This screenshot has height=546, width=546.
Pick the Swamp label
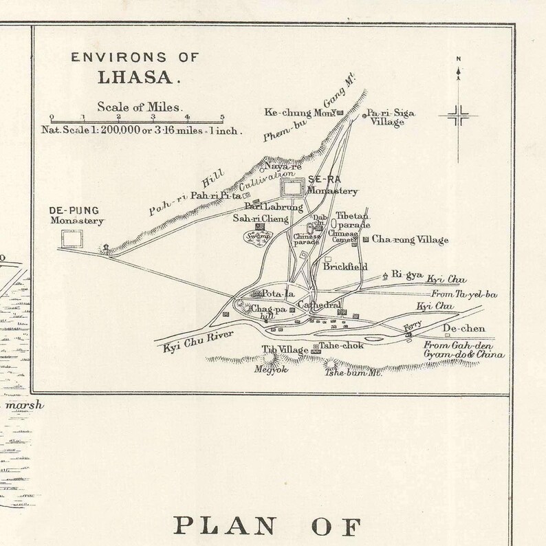click(x=256, y=236)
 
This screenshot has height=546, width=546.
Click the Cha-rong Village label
click(x=410, y=240)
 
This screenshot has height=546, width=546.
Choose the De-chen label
click(x=463, y=329)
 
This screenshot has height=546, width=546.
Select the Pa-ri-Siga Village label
click(x=390, y=118)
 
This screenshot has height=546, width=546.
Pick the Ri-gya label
click(x=406, y=274)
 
